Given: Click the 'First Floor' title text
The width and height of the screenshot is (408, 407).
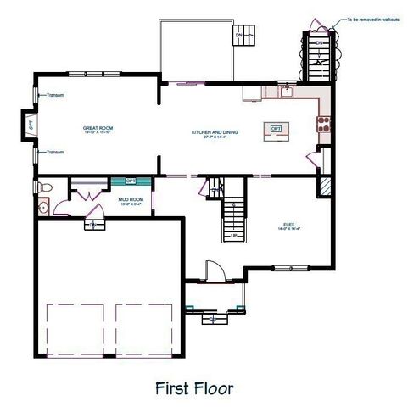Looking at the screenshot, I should (x=205, y=387).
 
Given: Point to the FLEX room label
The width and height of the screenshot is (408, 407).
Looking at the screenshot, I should (x=289, y=226).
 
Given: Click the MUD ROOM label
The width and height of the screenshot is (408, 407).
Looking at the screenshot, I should (x=131, y=202).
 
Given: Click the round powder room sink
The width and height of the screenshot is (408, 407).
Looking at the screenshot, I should (x=42, y=205).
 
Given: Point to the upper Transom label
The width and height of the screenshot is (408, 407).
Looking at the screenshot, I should (x=56, y=96).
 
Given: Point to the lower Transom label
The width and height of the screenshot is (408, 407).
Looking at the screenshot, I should (x=56, y=152).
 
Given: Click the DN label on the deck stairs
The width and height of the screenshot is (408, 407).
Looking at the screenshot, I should (x=318, y=41).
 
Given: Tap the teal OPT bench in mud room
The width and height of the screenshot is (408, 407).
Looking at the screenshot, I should (x=131, y=181).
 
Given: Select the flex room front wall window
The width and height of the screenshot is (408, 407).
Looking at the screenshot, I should (x=289, y=269).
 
